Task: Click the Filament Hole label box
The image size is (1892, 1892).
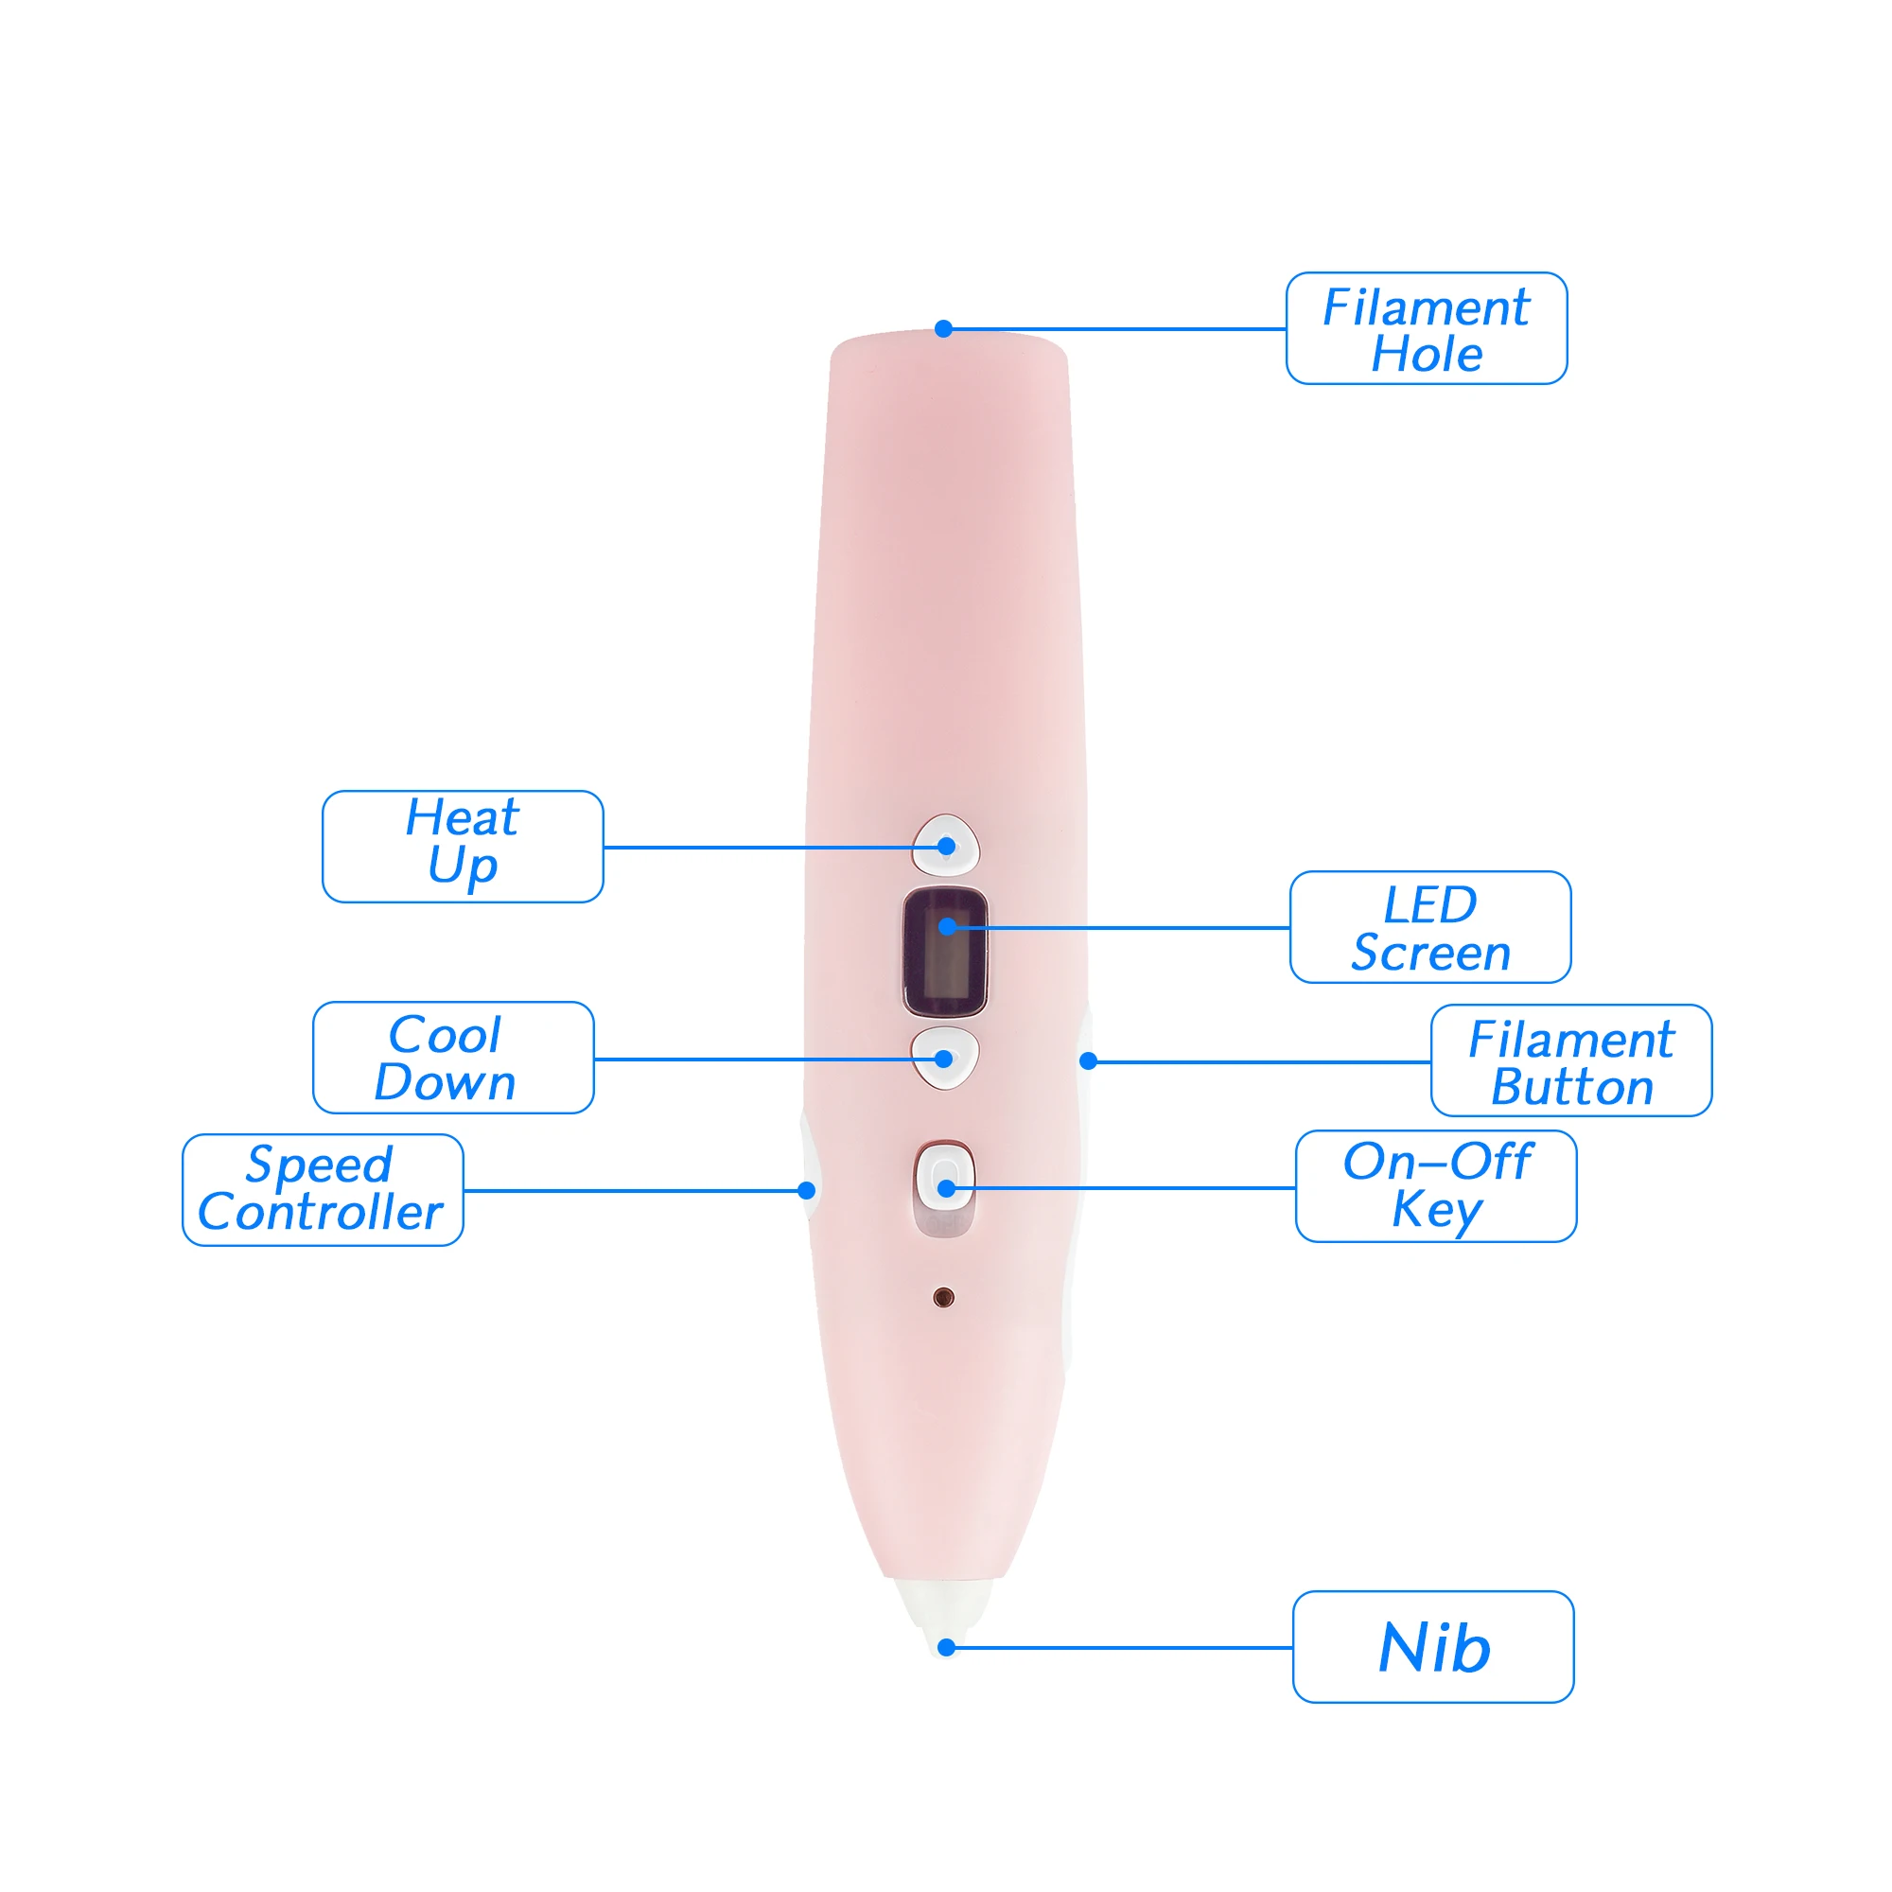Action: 1426,328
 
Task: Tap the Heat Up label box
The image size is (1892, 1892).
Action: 463,846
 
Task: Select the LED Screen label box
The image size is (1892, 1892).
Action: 1429,926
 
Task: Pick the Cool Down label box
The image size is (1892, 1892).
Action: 453,1058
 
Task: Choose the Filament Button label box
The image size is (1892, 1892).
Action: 1570,1060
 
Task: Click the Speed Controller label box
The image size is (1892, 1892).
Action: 323,1190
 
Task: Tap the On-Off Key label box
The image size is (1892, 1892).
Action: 1436,1186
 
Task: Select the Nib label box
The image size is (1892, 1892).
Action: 1432,1648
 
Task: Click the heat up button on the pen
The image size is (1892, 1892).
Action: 946,843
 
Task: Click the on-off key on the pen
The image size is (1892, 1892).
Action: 945,1180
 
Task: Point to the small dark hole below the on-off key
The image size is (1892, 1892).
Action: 943,1298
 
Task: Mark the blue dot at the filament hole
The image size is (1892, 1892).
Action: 943,329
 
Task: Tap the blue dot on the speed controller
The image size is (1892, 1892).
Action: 807,1191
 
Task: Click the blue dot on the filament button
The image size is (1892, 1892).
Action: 1088,1060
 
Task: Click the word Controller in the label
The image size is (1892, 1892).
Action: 321,1213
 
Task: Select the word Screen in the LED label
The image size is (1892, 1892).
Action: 1430,953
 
